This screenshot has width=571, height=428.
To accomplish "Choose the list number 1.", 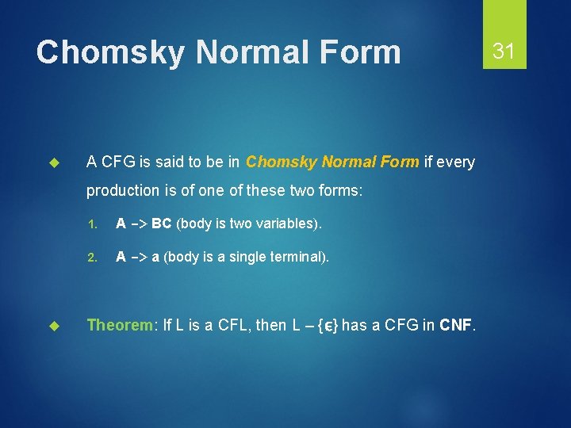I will click(x=91, y=224).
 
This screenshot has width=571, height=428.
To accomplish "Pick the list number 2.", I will click(x=91, y=258).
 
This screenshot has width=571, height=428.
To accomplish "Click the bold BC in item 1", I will click(x=162, y=224).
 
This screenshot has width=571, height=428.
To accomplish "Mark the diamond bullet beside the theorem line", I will click(x=55, y=325).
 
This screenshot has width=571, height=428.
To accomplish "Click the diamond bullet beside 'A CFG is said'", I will click(x=55, y=162).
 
